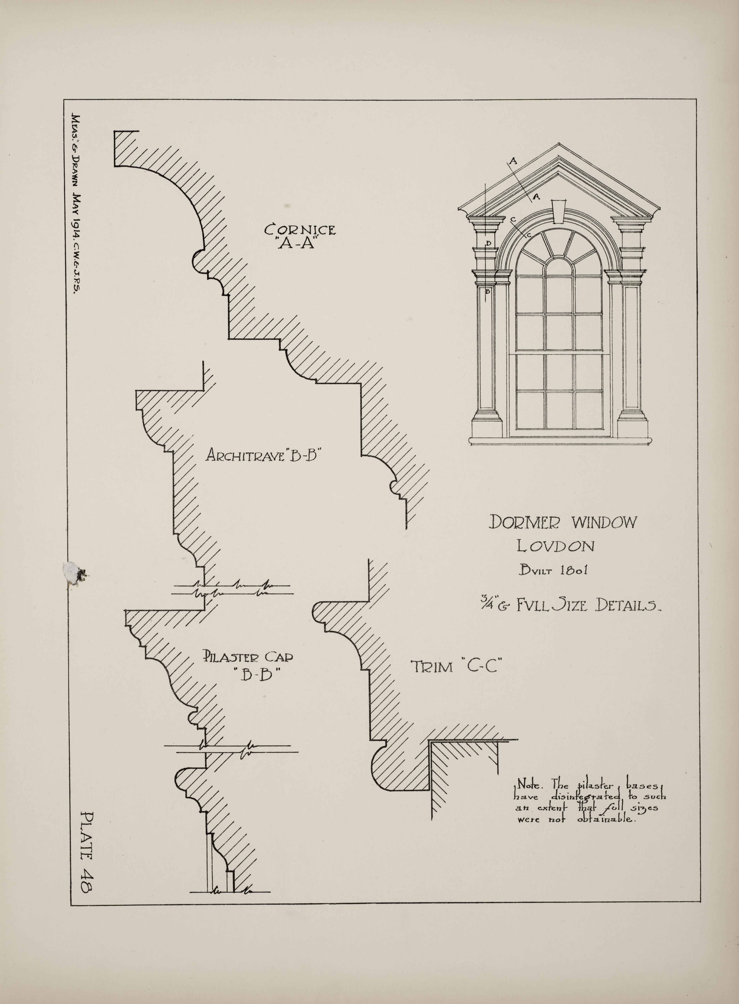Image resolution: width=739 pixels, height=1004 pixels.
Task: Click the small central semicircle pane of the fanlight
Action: (x=559, y=264)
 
